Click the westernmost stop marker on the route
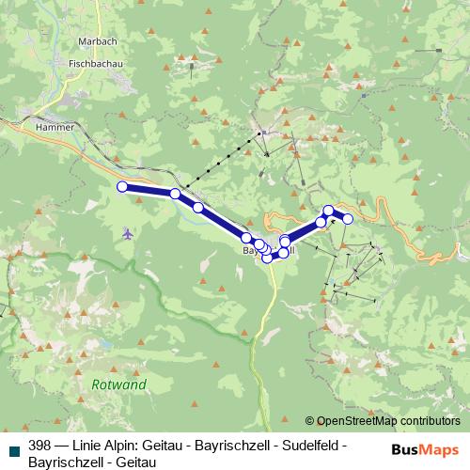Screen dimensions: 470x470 (121, 187)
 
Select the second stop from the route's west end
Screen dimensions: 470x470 (175, 194)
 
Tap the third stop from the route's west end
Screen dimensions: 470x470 (198, 208)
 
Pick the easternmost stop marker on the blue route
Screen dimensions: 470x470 (347, 219)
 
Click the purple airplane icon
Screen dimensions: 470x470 (128, 232)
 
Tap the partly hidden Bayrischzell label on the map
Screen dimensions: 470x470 (270, 251)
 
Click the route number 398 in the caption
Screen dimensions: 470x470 (41, 446)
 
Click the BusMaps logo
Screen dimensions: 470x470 (425, 449)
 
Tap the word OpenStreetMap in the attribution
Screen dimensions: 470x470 (356, 421)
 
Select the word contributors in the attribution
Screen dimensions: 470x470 (429, 421)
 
